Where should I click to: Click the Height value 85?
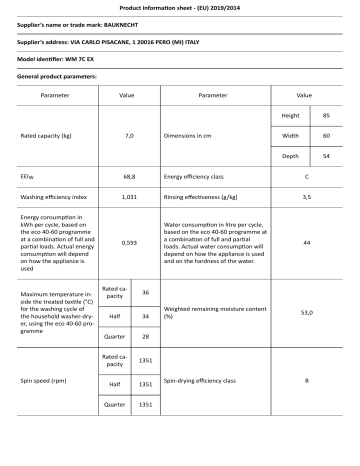(x=326, y=116)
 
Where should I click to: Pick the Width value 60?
(x=326, y=135)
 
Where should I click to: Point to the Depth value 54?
(x=326, y=155)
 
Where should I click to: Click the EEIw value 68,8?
(x=128, y=174)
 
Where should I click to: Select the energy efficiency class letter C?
(x=306, y=174)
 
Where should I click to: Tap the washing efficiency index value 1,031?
(x=128, y=197)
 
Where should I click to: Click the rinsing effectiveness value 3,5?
(x=306, y=197)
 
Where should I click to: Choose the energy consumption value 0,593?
(x=128, y=243)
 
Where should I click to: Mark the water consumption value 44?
(x=306, y=243)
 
